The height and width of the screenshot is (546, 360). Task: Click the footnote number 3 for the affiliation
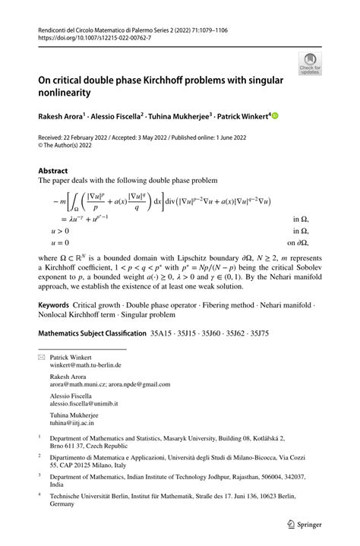(x=40, y=497)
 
